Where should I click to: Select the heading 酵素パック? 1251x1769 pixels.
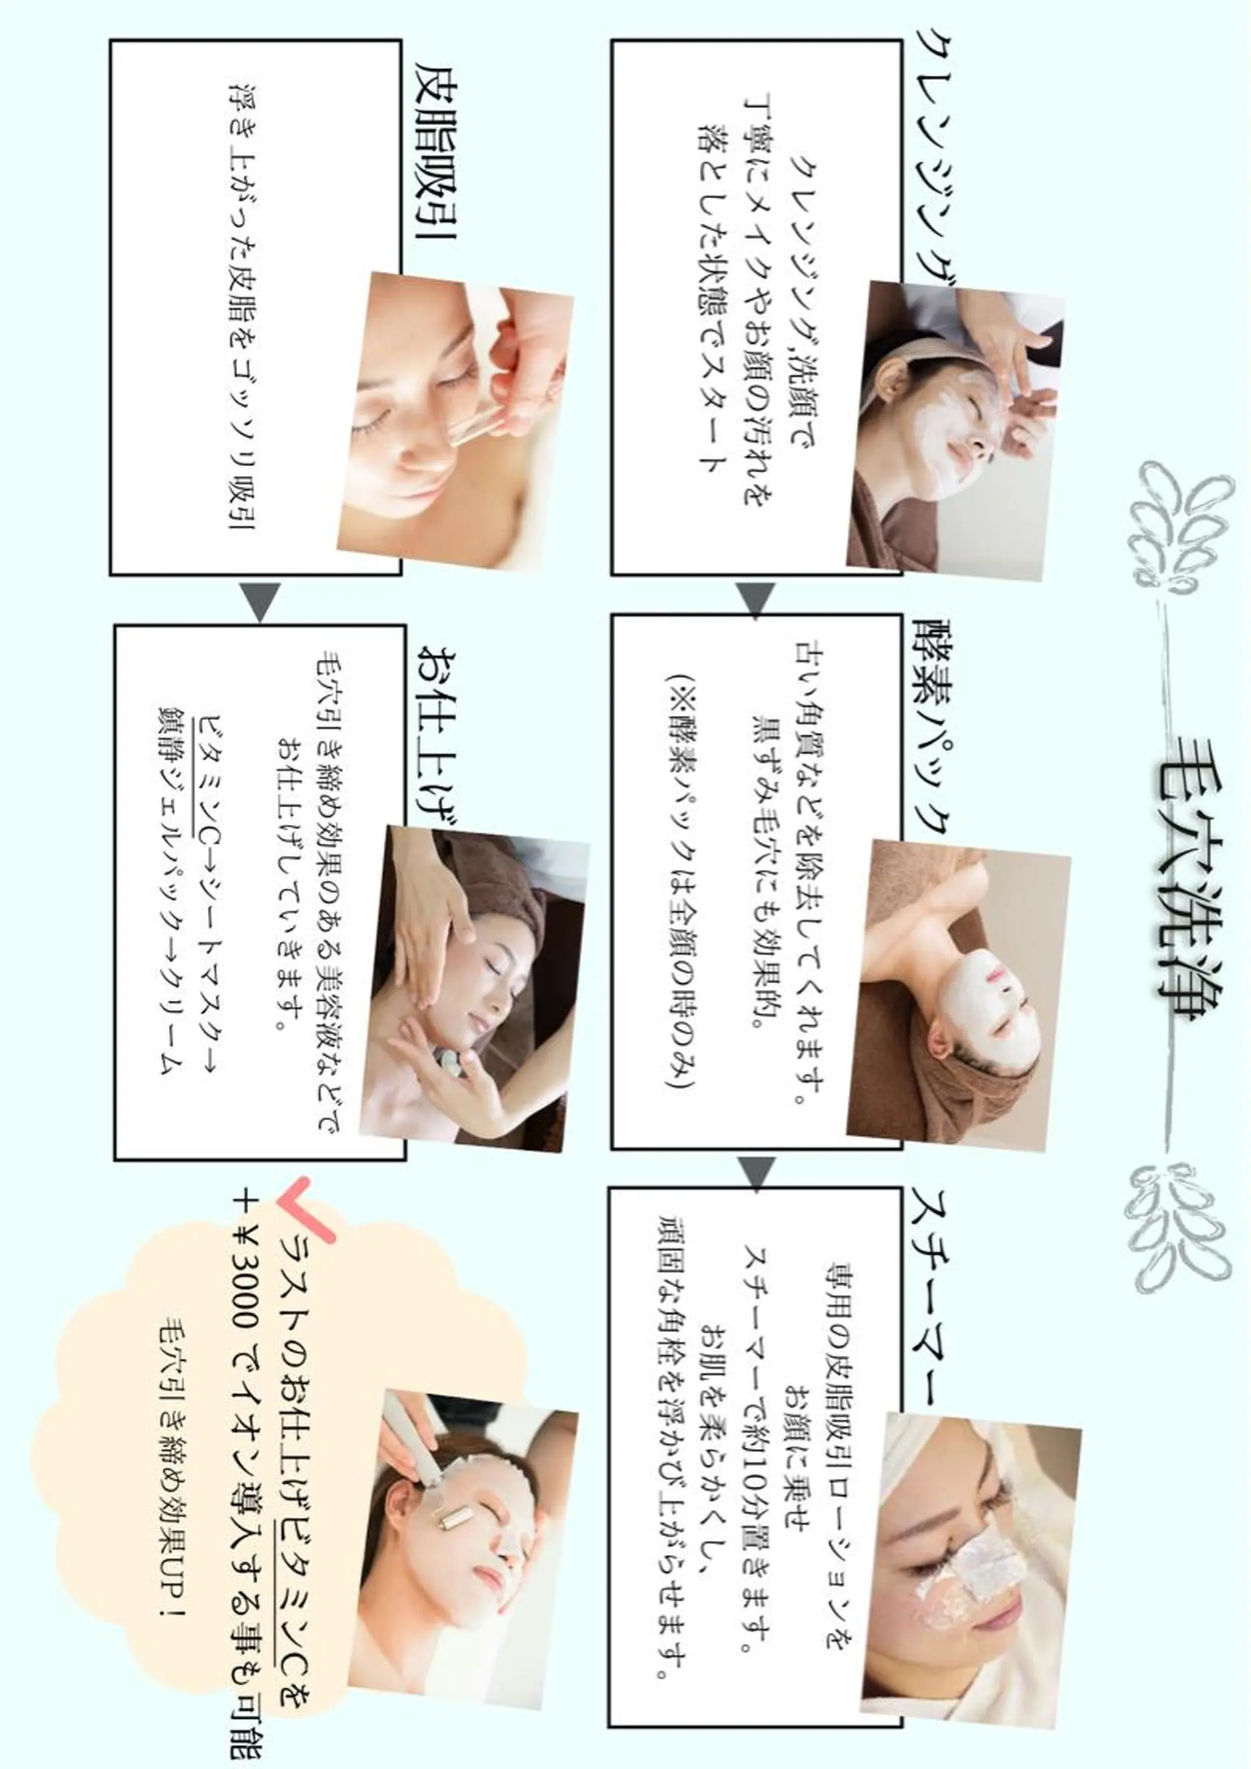tap(933, 725)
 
